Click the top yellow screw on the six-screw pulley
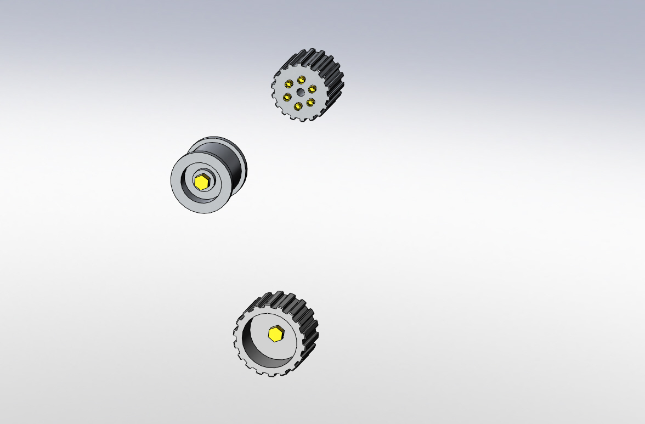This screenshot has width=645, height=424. tap(301, 80)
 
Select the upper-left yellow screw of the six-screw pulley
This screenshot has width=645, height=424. tap(288, 84)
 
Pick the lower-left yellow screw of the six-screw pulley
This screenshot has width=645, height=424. tap(287, 98)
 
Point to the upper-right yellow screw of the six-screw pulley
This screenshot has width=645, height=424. tap(312, 89)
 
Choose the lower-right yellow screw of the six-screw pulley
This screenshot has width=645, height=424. tap(310, 102)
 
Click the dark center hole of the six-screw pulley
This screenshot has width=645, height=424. tap(300, 93)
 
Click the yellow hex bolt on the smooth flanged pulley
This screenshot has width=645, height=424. tap(202, 182)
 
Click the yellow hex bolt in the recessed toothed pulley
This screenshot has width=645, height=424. tap(275, 334)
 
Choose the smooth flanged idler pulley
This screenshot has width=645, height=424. tap(208, 174)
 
